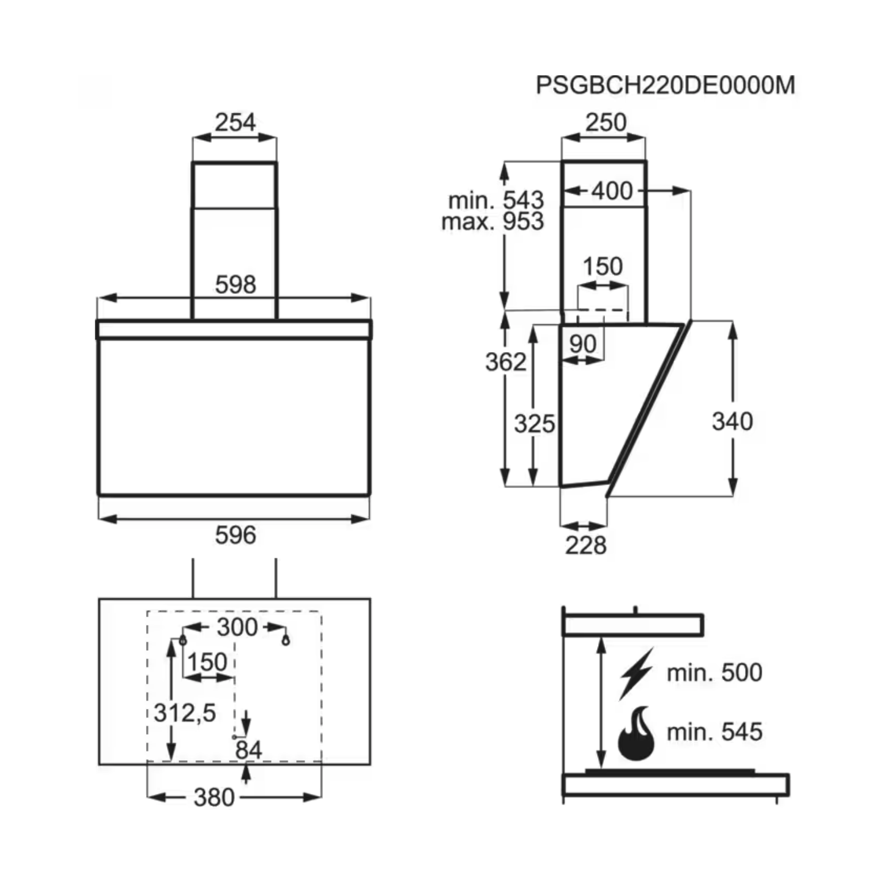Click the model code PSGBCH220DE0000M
tap(665, 85)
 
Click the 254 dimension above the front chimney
tap(235, 122)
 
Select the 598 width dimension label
tap(236, 285)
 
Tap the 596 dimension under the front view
tap(235, 535)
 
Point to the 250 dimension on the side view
tap(605, 122)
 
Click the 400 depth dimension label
tap(612, 191)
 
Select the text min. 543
tap(495, 200)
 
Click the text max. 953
tap(492, 221)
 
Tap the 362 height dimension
tap(505, 362)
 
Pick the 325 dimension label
tap(534, 424)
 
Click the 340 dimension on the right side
tap(732, 421)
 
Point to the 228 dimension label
tap(585, 545)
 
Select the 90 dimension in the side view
tap(582, 344)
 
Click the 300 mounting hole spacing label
tap(237, 627)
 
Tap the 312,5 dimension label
tap(185, 713)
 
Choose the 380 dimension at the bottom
tap(214, 797)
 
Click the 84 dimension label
tap(248, 749)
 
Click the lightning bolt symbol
tap(637, 673)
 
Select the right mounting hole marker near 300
tap(285, 640)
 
